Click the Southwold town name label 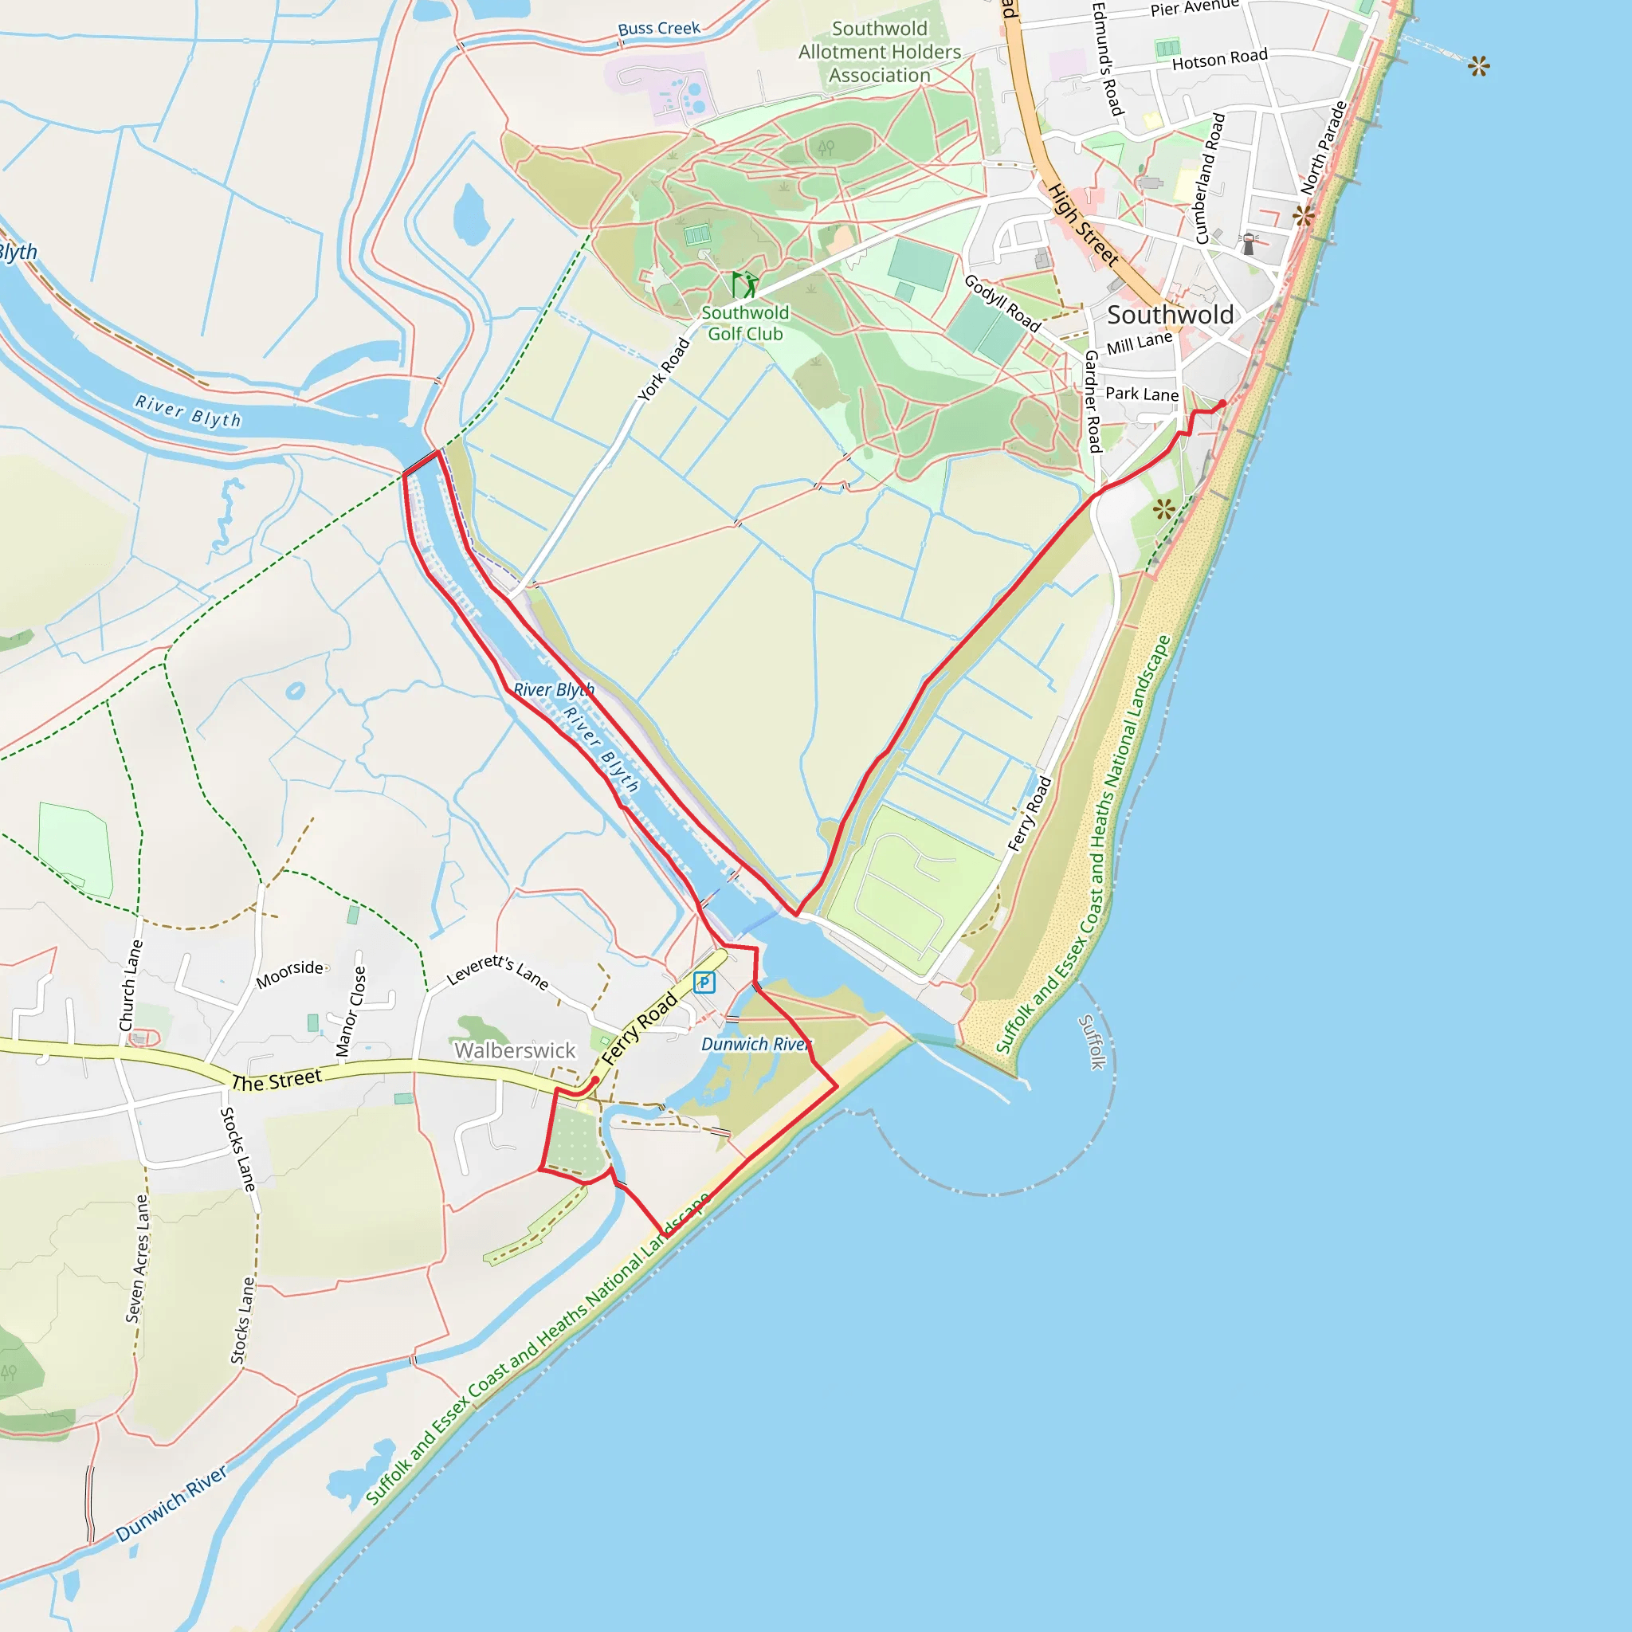click(x=1170, y=315)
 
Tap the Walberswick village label click(x=515, y=1050)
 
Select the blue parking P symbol click(x=704, y=983)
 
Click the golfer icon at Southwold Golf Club click(x=744, y=284)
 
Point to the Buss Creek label click(x=659, y=29)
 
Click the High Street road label click(x=1084, y=224)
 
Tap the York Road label click(x=664, y=369)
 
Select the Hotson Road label click(x=1219, y=59)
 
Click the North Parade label click(x=1324, y=148)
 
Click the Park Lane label click(x=1141, y=394)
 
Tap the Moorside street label click(x=290, y=973)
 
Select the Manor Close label click(x=351, y=1011)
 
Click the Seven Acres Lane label click(x=137, y=1257)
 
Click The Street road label click(x=277, y=1081)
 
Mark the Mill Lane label click(x=1139, y=343)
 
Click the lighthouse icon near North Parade click(x=1249, y=244)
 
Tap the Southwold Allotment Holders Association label click(x=880, y=53)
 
